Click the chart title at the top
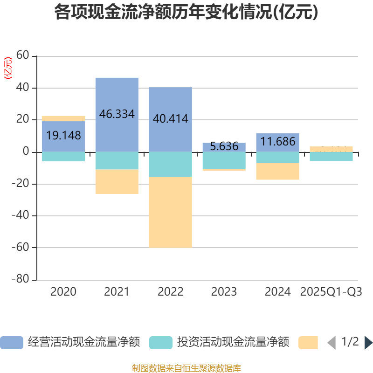(x=186, y=13)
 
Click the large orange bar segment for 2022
(x=171, y=212)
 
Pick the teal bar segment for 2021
(x=117, y=161)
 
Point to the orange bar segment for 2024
(x=278, y=172)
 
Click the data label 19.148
(x=63, y=136)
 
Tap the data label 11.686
(x=278, y=141)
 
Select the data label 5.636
(x=224, y=146)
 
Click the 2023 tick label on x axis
(x=224, y=292)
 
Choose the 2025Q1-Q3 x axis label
(x=331, y=292)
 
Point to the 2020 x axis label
(x=63, y=292)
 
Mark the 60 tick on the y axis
(x=23, y=56)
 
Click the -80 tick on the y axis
(x=21, y=279)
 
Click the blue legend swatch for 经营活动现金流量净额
(x=12, y=343)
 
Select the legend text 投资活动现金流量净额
(x=233, y=343)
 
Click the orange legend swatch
(x=308, y=343)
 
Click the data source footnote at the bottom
(x=186, y=368)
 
